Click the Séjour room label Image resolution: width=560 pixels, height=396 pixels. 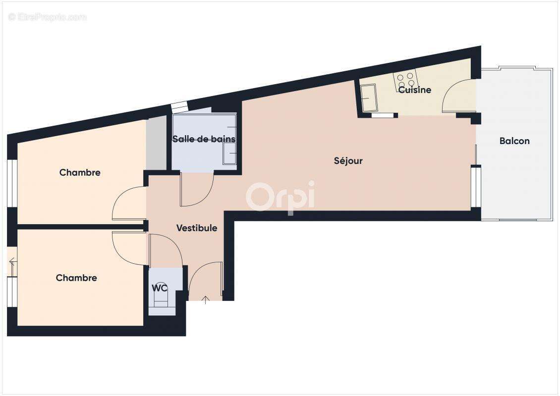tap(348, 161)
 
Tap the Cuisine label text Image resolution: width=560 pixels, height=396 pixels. tap(415, 90)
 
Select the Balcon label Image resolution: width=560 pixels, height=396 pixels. tap(514, 141)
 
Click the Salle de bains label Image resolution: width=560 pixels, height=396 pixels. tap(204, 139)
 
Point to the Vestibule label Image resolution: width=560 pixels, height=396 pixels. tap(197, 228)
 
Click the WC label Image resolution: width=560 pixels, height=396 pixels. tap(160, 288)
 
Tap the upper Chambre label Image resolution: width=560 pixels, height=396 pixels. tap(80, 173)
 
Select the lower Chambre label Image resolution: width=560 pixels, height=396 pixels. tap(76, 278)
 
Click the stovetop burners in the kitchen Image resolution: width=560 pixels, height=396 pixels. tap(405, 80)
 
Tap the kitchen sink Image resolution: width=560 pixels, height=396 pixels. tap(368, 98)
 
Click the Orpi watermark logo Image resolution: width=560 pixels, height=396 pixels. tap(280, 197)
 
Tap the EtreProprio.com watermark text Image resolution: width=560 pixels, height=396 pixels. tap(48, 17)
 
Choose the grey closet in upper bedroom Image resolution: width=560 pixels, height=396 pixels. tap(156, 144)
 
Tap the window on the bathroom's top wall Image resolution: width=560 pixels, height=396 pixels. tap(179, 105)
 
